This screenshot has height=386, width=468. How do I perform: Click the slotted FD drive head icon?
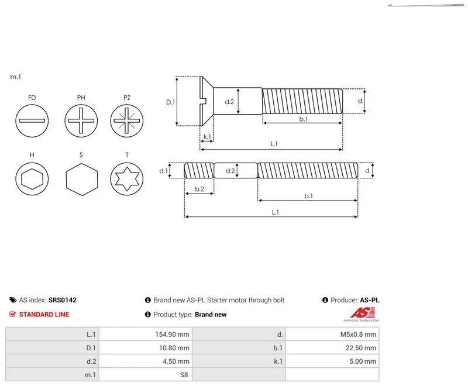(32, 121)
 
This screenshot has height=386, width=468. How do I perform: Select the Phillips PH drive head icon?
(81, 121)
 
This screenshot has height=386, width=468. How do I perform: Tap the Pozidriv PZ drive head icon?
(127, 121)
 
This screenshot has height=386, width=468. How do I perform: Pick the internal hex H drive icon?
(32, 179)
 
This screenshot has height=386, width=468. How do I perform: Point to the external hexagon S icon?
(82, 180)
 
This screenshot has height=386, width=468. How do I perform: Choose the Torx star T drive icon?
(127, 179)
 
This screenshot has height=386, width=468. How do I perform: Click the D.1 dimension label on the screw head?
(170, 102)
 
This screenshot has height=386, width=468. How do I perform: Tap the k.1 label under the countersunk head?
(207, 137)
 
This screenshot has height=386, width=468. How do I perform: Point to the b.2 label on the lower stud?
(199, 189)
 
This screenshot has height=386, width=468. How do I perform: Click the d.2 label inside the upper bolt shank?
(229, 102)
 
